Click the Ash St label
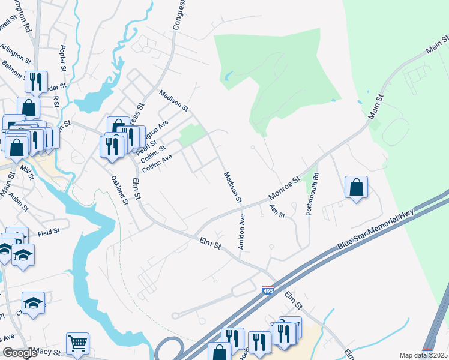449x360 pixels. (x=277, y=211)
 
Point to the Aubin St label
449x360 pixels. (x=19, y=203)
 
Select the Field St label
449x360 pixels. (x=49, y=230)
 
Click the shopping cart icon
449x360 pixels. (x=77, y=343)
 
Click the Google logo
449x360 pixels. (x=20, y=353)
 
